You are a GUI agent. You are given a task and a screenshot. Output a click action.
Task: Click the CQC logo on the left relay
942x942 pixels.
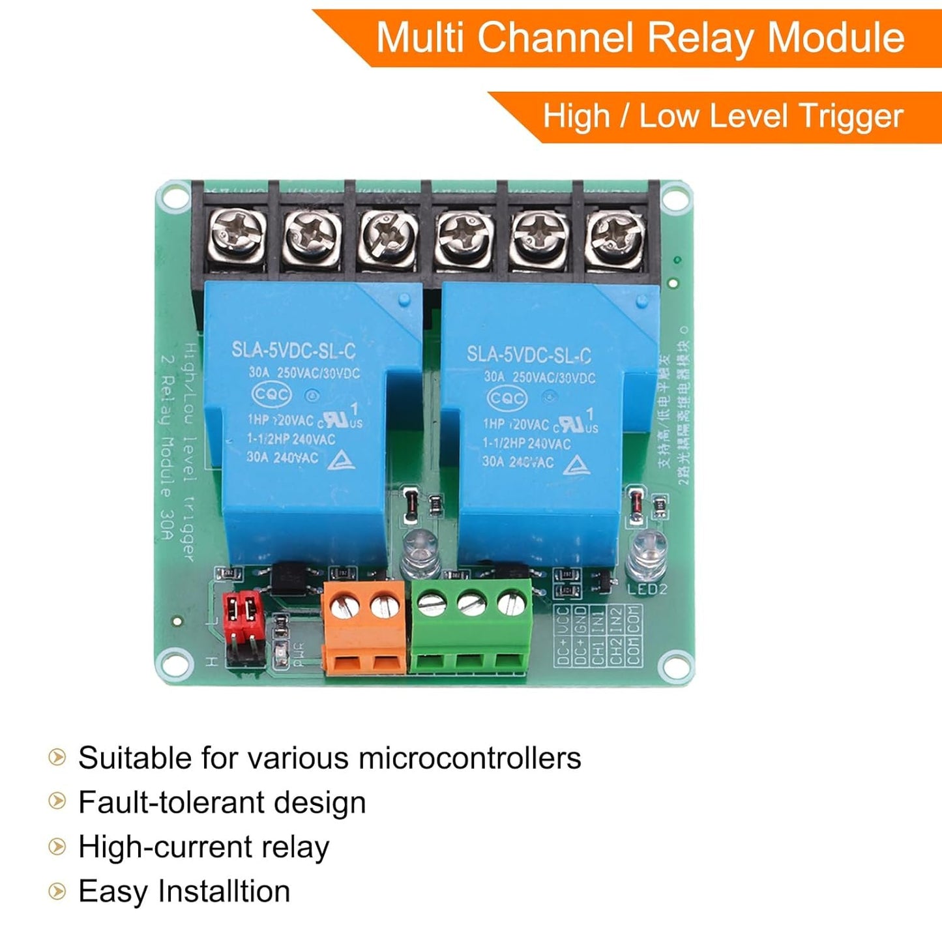tap(272, 394)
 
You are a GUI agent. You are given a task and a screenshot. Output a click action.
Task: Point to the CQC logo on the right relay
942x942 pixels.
tap(507, 398)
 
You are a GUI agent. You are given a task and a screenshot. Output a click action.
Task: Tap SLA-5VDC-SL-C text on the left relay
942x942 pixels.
tap(293, 351)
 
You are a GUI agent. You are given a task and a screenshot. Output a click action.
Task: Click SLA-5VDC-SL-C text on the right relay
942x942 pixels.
tap(529, 355)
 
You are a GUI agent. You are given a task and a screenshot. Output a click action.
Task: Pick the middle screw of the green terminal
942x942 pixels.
tap(471, 604)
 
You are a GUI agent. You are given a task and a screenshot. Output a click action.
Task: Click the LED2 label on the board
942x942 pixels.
tap(647, 589)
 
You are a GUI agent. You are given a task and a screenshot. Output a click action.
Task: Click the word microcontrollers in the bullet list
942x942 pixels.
tap(469, 758)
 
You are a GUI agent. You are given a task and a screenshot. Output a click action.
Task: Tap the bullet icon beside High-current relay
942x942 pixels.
tap(57, 847)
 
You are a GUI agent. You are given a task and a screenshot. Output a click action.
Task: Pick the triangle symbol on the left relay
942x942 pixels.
tap(342, 460)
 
